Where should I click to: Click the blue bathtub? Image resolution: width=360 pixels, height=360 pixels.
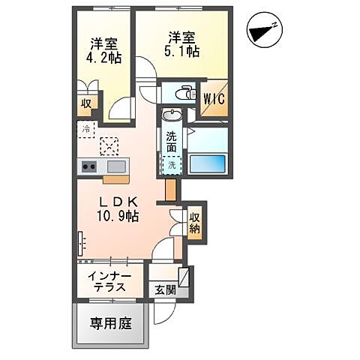pos(207,163)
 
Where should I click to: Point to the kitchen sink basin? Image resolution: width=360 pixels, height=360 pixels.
pos(117,166)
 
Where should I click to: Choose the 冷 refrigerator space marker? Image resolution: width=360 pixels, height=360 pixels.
pos(85,129)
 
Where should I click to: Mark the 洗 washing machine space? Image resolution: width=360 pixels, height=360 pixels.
pos(172,164)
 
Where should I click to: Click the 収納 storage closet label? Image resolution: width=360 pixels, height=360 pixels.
pos(195,223)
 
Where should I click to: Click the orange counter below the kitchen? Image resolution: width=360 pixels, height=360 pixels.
pos(114,179)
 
